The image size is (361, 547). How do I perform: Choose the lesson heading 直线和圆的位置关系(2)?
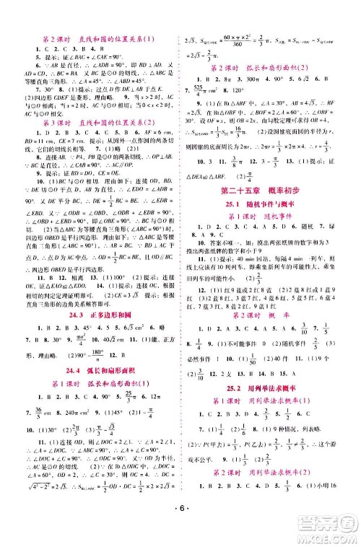point(96,122)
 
